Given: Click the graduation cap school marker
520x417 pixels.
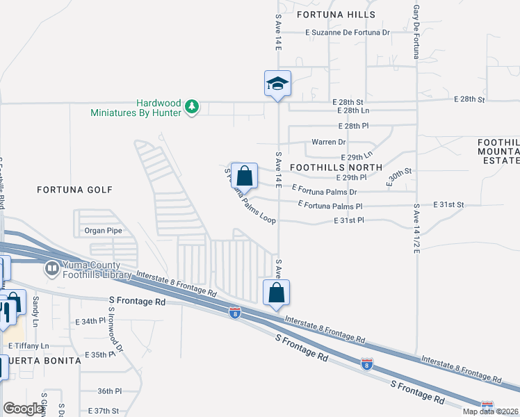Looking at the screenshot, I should tap(277, 84).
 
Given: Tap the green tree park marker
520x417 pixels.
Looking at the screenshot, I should tap(192, 107).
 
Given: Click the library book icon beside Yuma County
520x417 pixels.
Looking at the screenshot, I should tap(51, 268).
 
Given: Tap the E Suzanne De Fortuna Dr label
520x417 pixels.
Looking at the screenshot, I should tap(348, 32).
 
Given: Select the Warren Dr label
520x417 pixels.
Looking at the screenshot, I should tap(328, 142).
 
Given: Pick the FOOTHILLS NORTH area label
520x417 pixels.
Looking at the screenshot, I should tap(336, 167).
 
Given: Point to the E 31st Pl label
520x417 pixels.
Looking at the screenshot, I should tap(350, 220).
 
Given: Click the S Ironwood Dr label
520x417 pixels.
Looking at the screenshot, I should tap(119, 334).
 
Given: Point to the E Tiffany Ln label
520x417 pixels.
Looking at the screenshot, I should tap(29, 346).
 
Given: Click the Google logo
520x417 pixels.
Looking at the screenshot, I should tap(23, 408).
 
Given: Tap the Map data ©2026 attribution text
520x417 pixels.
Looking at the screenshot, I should tap(490, 411).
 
